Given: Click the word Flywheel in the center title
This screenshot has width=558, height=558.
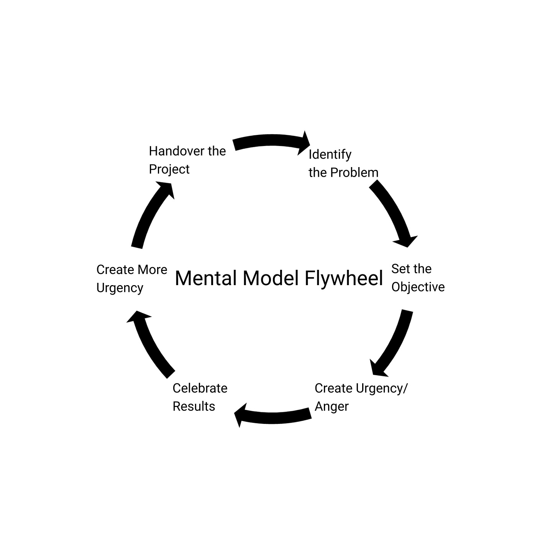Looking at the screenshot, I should coord(344,278).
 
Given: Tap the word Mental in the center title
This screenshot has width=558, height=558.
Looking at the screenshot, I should coord(206,278).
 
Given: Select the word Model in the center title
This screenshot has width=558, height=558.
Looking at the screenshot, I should coord(271,278).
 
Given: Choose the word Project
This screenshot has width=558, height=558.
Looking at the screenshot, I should coord(169,169).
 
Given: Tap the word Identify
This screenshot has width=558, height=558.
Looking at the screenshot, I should coord(330,155).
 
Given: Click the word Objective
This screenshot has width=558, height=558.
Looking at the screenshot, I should coord(418,287).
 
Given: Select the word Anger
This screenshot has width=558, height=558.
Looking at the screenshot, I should coord(332,407).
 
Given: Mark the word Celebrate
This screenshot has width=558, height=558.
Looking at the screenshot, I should coord(200,389).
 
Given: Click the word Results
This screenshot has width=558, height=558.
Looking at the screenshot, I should coord(194,407).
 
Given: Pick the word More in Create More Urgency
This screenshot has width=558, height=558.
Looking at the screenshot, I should coord(153,270).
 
